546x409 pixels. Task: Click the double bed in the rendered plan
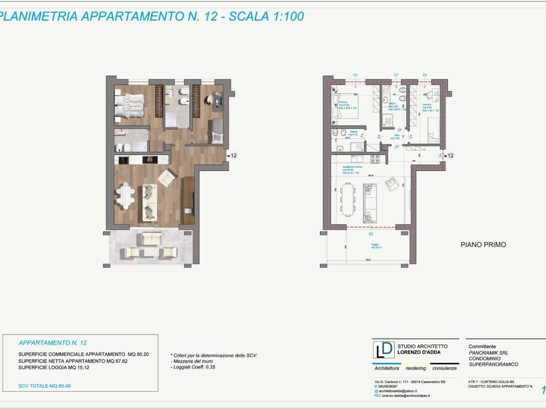tap(130, 104)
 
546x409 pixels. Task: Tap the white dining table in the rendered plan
tap(126, 196)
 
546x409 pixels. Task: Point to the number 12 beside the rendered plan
tap(233, 156)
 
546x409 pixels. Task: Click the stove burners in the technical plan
tap(374, 158)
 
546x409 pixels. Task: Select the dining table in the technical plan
tap(348, 199)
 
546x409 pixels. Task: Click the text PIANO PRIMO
tap(483, 245)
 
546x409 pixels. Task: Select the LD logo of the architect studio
tap(384, 350)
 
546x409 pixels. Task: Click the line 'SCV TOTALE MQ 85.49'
tap(44, 386)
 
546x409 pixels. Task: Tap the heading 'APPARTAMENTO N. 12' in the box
tap(52, 343)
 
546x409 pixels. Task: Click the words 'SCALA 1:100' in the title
tap(266, 17)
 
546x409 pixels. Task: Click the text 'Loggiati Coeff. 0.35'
tap(196, 367)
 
